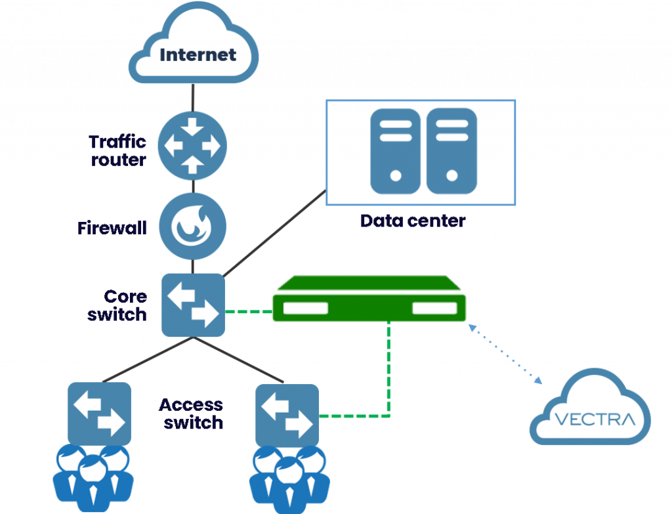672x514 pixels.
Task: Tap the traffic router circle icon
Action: tap(192, 145)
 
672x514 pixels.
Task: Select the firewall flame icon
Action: tap(192, 226)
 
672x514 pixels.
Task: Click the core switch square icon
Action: tap(193, 305)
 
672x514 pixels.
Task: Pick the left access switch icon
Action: tap(99, 414)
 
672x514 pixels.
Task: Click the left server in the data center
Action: tap(394, 151)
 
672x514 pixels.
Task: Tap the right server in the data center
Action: tap(451, 151)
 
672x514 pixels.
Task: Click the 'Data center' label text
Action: tap(413, 221)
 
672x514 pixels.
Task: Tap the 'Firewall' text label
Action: tap(112, 228)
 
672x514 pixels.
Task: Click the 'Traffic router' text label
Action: tap(117, 150)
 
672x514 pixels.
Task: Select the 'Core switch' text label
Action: tap(117, 305)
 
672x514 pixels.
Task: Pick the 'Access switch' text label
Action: tap(192, 413)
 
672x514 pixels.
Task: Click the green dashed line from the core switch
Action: tap(248, 311)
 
